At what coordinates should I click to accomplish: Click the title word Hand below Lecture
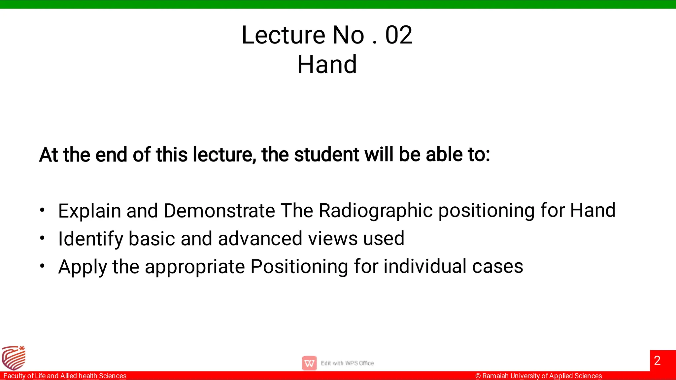(327, 65)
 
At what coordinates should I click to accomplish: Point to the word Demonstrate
(219, 211)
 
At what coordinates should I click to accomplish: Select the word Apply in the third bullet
(83, 267)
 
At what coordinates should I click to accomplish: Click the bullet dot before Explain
(42, 210)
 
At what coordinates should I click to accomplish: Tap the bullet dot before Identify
(42, 238)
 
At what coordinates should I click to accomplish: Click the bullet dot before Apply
(42, 266)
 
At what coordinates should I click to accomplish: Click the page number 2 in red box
(657, 361)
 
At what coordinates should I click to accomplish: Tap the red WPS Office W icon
(309, 363)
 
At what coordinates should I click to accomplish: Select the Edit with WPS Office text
(347, 363)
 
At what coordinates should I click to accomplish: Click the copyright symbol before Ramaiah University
(478, 376)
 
